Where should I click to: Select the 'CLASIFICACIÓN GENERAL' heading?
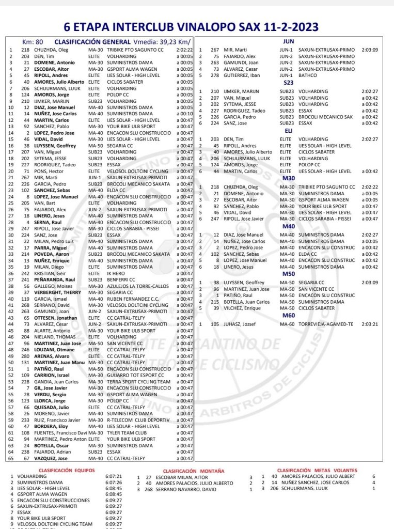pos(92,41)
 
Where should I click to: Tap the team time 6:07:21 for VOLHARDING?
pos(113,476)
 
